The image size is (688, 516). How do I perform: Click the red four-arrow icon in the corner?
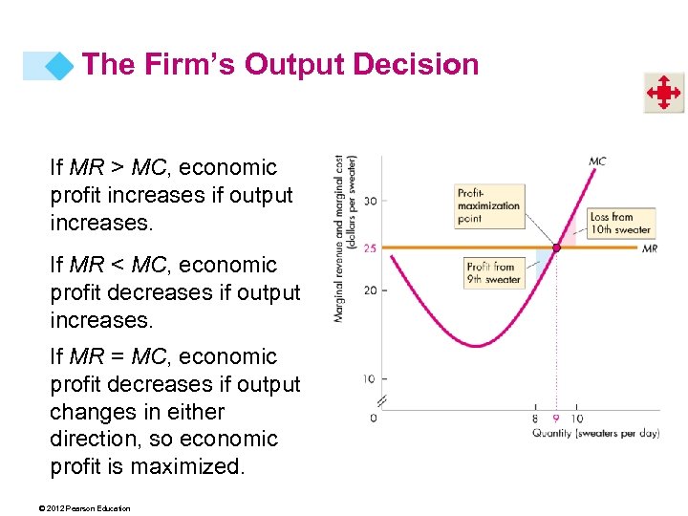tap(662, 93)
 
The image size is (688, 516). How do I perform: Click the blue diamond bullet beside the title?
tap(60, 66)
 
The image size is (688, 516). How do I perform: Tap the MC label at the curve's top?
tap(597, 161)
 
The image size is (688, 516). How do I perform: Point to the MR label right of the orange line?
tap(649, 248)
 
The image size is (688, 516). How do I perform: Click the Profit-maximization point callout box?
tap(489, 205)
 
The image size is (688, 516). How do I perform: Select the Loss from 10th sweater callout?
tap(620, 223)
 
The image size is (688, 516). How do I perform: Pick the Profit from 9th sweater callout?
tap(493, 272)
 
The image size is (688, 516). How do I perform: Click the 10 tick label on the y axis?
tap(368, 379)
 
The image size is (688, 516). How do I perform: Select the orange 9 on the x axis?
tap(555, 418)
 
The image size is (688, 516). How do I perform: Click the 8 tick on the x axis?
tap(534, 418)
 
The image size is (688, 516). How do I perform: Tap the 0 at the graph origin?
tap(374, 418)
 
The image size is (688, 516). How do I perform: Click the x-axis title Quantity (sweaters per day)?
tap(595, 433)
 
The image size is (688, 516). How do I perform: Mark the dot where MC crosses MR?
tap(555, 247)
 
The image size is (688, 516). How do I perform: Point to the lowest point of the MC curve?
tap(475, 345)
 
